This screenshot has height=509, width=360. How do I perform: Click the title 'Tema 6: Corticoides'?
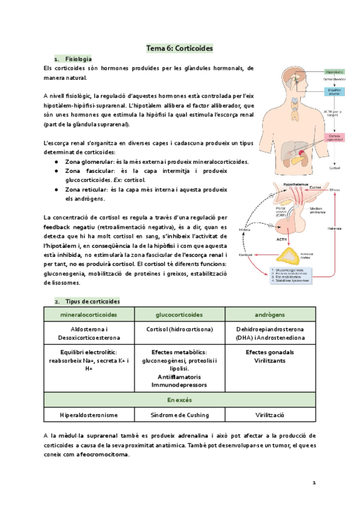(180, 47)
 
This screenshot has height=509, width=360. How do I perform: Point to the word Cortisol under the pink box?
(334, 168)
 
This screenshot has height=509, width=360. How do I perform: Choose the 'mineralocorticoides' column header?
(89, 315)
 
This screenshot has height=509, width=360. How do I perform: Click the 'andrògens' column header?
(269, 315)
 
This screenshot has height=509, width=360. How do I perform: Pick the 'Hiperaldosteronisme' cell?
(89, 415)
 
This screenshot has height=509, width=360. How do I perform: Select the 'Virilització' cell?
(269, 415)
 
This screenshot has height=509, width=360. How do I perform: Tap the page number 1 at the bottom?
(314, 483)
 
